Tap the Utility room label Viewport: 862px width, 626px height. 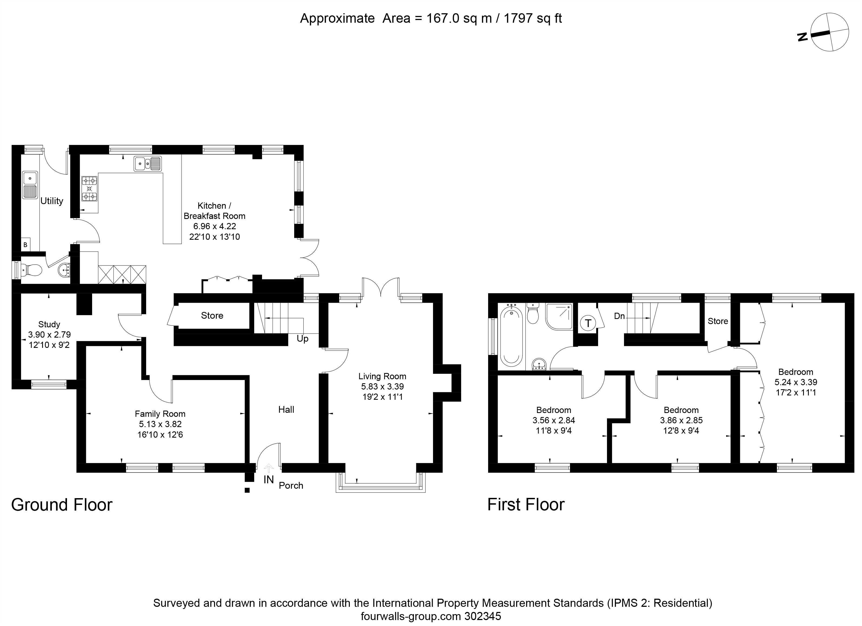[x=52, y=201]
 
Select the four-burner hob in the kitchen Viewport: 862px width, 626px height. [x=89, y=189]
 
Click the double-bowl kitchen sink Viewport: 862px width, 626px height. [x=147, y=164]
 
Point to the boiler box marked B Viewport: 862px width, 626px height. [x=25, y=245]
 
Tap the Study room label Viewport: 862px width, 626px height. [x=49, y=324]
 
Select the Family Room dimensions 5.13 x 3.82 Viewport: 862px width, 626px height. [x=160, y=424]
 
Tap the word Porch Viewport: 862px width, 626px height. [x=291, y=486]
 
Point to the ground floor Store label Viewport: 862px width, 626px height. [x=212, y=316]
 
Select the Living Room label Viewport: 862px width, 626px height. [x=382, y=377]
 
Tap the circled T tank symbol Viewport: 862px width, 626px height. [x=588, y=323]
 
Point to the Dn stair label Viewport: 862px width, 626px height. [x=619, y=316]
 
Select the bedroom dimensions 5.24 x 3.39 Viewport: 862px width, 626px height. [x=796, y=382]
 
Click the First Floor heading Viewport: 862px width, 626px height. [x=526, y=505]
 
